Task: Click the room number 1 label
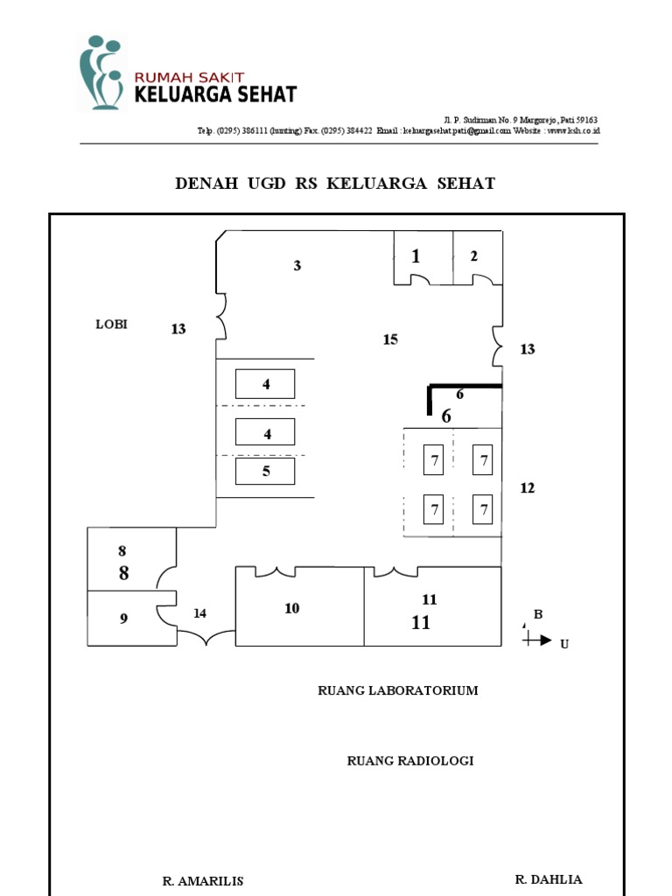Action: [416, 256]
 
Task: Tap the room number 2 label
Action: [473, 256]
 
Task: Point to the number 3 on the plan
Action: [297, 265]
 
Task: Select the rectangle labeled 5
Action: [265, 471]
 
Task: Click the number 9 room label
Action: [123, 619]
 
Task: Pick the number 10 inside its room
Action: [292, 608]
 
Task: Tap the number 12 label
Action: [528, 488]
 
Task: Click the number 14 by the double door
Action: [199, 613]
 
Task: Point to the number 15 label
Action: [390, 339]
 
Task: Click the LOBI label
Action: [111, 324]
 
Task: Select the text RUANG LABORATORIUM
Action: [398, 690]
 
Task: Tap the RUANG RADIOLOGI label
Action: [410, 760]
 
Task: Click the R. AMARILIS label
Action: [203, 881]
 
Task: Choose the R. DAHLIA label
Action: [549, 879]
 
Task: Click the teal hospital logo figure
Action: [101, 72]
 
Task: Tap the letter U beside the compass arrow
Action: [564, 644]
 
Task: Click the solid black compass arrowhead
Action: [546, 640]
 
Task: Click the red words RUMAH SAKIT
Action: [189, 78]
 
